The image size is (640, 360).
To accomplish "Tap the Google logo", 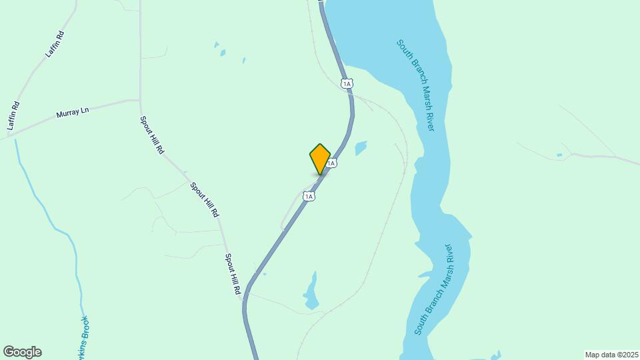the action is (x=22, y=352).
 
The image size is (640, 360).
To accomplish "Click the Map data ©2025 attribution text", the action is (x=611, y=355).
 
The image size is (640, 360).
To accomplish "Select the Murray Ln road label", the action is (x=73, y=114).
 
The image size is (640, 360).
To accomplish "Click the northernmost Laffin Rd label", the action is (x=55, y=45).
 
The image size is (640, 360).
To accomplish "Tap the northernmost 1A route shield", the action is (x=346, y=83).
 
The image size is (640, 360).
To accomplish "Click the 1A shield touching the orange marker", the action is (x=331, y=163).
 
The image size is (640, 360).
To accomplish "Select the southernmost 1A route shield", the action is (x=308, y=196).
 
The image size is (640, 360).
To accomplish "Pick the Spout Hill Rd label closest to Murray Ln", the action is (x=151, y=135).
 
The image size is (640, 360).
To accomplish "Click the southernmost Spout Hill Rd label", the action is (x=232, y=274).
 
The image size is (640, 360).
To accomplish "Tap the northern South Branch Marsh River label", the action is (x=415, y=85).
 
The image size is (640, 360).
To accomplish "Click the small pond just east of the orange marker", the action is (x=361, y=147).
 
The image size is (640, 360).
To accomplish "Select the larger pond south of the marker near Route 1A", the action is (x=311, y=292).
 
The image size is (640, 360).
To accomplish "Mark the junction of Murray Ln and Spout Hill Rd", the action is (x=140, y=100).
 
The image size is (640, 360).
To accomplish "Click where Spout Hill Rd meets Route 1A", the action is (x=245, y=298).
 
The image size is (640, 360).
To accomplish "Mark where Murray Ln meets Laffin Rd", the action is (x=9, y=136).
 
